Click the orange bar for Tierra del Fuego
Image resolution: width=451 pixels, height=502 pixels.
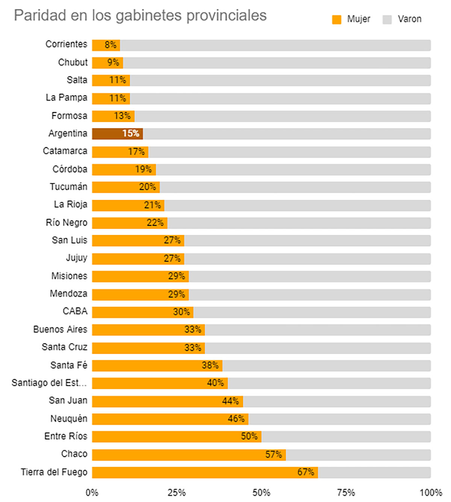(x=205, y=472)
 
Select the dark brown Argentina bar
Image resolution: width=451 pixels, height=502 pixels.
(x=117, y=134)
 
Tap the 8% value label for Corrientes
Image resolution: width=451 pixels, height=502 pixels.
(x=110, y=45)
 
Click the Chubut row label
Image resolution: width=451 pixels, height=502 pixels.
(x=73, y=62)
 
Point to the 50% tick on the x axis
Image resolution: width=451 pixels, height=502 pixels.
(x=261, y=493)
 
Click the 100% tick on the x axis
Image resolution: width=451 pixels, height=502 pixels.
(x=431, y=493)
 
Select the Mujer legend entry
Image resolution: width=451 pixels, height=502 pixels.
(x=351, y=19)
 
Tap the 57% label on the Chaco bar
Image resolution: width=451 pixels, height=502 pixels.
(x=273, y=455)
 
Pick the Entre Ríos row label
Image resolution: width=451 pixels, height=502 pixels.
(x=66, y=436)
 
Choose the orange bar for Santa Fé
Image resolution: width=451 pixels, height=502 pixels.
(x=157, y=365)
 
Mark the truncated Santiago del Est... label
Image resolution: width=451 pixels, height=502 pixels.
(x=49, y=383)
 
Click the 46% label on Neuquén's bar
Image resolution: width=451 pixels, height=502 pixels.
(x=236, y=419)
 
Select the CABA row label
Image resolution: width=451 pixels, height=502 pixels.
(x=75, y=311)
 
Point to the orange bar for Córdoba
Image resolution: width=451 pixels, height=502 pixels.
(x=124, y=170)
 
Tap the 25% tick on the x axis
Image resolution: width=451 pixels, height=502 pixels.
(x=177, y=493)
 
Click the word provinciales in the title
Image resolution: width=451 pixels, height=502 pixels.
(x=226, y=16)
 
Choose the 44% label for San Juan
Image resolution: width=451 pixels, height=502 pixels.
(x=230, y=401)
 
